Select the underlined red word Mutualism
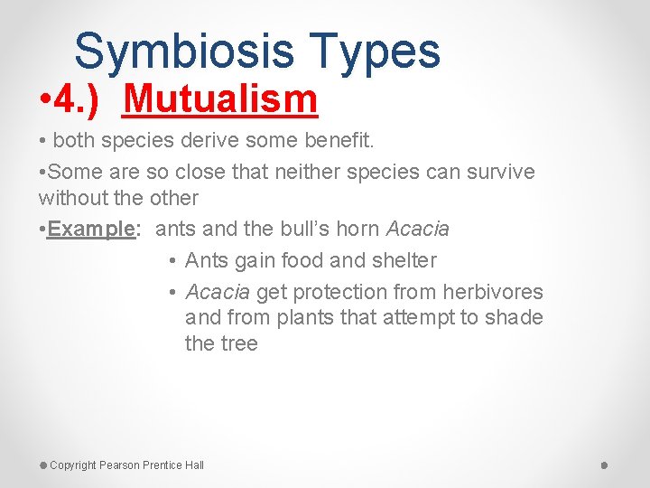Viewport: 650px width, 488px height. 221,99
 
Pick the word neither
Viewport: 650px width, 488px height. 304,172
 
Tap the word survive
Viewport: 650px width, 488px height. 494,172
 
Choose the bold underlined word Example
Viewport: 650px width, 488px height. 91,230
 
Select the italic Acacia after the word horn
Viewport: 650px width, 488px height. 418,230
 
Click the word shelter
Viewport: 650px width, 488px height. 401,260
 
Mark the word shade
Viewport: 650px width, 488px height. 513,317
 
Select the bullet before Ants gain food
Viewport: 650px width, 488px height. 172,261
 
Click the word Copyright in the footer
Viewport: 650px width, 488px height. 73,465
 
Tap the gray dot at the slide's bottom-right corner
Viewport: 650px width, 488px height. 604,465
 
